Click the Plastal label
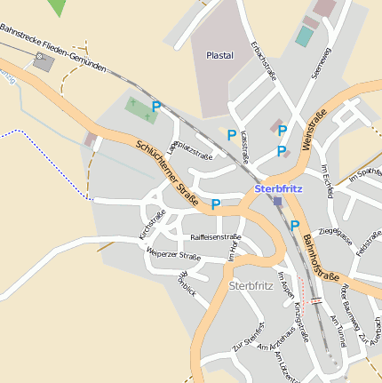[219, 55]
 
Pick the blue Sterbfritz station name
[277, 188]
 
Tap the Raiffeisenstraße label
[215, 237]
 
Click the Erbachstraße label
[264, 60]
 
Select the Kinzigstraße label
[301, 321]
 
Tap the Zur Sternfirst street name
[249, 336]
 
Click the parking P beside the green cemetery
[155, 107]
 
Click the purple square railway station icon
[278, 202]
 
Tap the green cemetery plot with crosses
[139, 109]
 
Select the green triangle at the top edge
[58, 7]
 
